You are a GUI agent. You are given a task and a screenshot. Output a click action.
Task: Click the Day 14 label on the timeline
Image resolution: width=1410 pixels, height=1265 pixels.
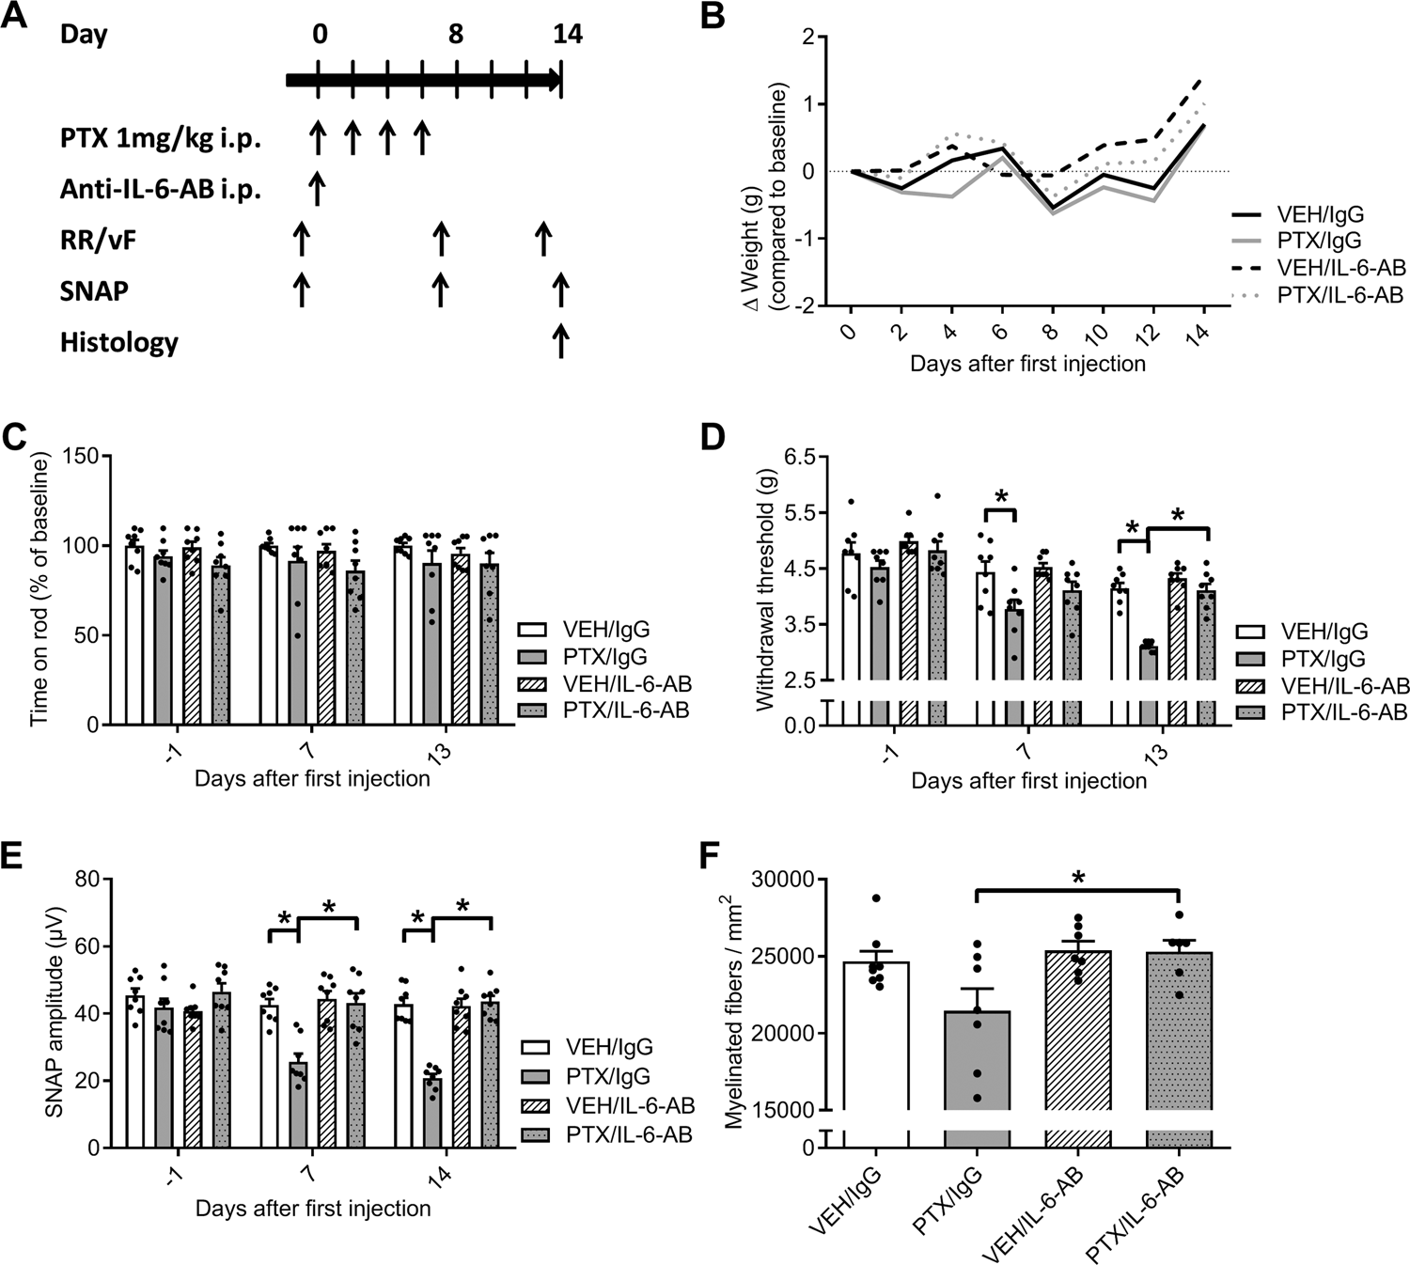pyautogui.click(x=567, y=35)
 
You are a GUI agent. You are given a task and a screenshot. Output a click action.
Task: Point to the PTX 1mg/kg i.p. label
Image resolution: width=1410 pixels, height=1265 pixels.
pyautogui.click(x=161, y=140)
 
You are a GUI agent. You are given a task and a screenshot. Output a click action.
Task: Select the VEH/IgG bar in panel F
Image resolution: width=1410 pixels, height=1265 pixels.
pyautogui.click(x=875, y=1034)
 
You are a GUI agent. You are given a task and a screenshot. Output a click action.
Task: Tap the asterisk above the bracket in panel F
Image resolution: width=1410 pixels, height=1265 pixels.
pyautogui.click(x=1078, y=878)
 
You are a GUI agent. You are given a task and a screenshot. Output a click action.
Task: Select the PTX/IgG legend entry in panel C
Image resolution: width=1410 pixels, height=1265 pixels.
pyautogui.click(x=583, y=657)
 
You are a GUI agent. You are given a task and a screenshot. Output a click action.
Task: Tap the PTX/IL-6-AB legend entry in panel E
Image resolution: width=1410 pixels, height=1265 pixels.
pyautogui.click(x=628, y=1134)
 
